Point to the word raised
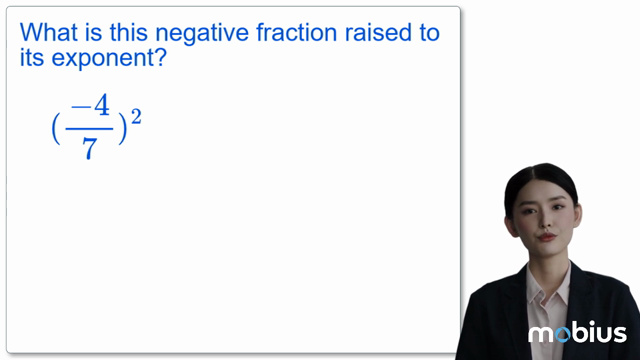point(378,33)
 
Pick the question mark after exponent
point(160,58)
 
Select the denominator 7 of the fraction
point(90,150)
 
